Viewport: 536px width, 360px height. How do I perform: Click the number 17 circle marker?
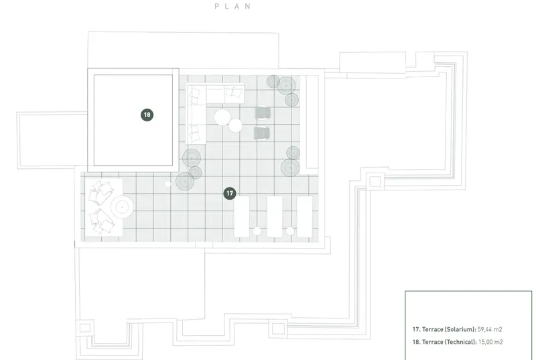230,194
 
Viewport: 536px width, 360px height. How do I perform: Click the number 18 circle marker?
147,115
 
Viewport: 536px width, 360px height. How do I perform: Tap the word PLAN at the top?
232,6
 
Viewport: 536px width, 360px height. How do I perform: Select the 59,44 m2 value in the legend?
490,330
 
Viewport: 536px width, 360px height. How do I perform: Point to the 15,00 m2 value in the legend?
490,342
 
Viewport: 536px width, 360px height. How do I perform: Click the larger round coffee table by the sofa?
222,117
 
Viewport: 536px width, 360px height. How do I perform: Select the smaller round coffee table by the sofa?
236,125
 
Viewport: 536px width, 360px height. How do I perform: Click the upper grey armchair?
263,113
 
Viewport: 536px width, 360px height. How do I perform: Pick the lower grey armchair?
262,133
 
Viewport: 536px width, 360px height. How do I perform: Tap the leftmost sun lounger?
242,217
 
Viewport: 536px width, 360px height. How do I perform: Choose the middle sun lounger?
275,217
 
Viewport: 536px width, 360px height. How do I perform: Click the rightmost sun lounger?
305,217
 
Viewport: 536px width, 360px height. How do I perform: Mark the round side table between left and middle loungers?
257,231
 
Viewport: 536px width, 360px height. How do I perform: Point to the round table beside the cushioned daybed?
122,207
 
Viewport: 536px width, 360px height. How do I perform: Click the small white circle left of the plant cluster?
167,184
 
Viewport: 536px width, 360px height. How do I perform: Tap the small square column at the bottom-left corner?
85,328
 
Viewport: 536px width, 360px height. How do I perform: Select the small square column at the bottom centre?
278,329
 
